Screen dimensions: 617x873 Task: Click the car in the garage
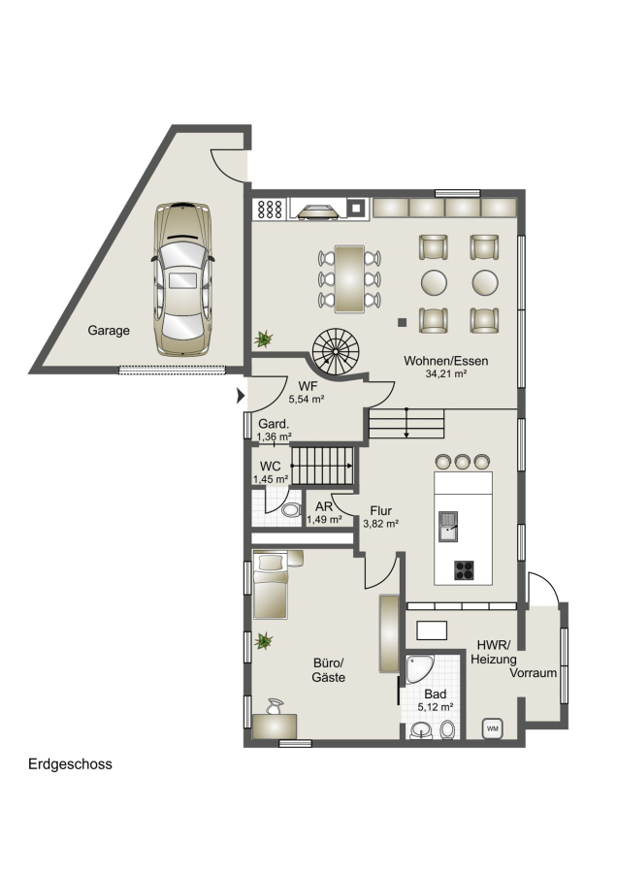[182, 279]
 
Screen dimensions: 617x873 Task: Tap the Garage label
[109, 330]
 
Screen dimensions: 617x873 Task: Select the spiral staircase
[336, 352]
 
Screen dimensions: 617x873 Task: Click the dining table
[349, 278]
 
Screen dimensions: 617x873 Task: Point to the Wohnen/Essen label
[446, 361]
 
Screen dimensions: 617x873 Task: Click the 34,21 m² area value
[446, 374]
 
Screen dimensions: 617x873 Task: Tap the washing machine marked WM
[493, 727]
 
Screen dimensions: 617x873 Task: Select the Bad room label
[435, 695]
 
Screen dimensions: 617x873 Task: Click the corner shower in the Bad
[418, 668]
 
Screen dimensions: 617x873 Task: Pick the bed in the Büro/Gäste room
[271, 585]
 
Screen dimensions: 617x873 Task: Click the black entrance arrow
[241, 396]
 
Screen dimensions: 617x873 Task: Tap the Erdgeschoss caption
[70, 764]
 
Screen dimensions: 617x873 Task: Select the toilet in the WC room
[290, 510]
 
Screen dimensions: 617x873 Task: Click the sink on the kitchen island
[448, 527]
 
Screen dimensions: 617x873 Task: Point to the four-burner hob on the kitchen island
[464, 570]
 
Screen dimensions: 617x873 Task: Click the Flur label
[381, 510]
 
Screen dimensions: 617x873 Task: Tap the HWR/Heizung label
[494, 653]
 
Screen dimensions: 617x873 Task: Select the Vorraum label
[534, 672]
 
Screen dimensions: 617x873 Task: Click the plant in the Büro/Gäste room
[264, 641]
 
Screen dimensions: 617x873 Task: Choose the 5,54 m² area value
[307, 400]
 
